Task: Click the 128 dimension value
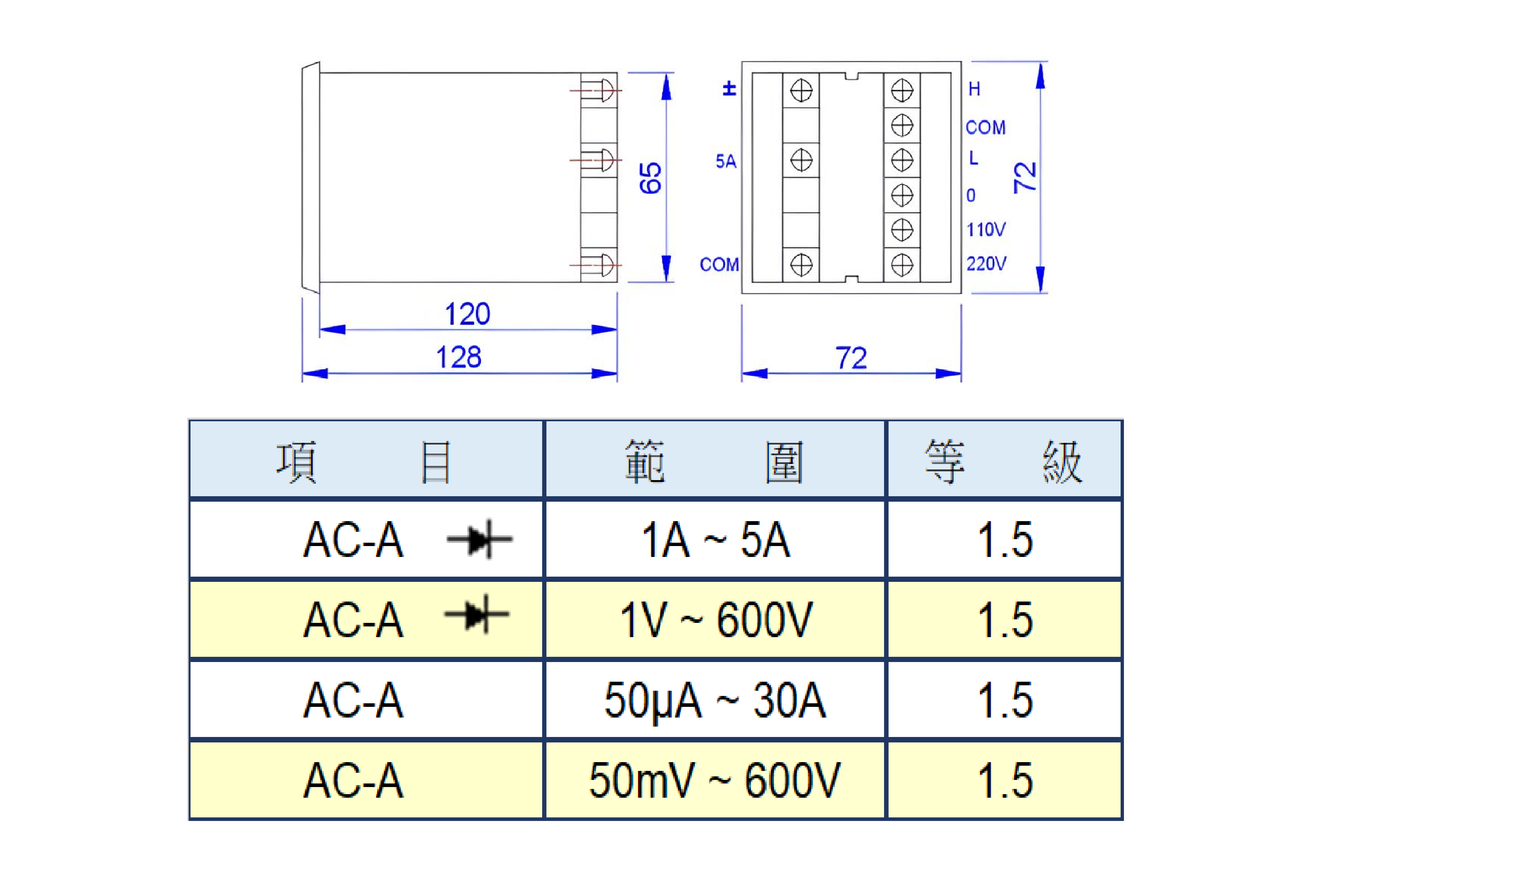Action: tap(458, 357)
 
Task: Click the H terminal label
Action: tap(974, 89)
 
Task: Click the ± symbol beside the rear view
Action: tap(729, 89)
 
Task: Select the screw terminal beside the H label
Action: tap(902, 91)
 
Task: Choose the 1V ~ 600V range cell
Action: tap(715, 620)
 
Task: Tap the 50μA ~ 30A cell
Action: tap(715, 700)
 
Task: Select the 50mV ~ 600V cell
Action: tap(715, 780)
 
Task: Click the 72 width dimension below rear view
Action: tap(851, 358)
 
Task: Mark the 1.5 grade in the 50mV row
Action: tap(1005, 780)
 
